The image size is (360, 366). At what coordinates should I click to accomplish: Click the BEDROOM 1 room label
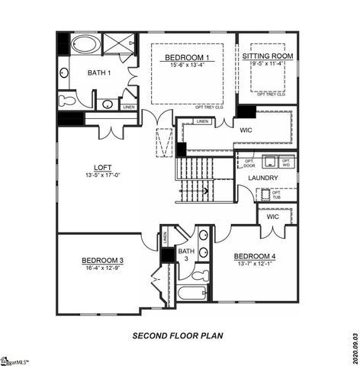tap(188, 58)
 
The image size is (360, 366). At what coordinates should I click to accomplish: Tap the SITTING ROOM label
tap(268, 56)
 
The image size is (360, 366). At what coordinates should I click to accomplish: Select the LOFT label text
tap(103, 167)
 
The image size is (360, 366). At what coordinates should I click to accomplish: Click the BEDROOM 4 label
tap(255, 255)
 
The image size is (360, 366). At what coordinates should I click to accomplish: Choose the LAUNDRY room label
tap(262, 178)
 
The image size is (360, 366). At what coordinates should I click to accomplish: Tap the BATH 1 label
tap(98, 72)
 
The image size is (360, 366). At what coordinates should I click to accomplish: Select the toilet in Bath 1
tap(67, 100)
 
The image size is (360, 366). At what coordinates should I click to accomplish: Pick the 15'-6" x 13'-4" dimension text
tap(188, 66)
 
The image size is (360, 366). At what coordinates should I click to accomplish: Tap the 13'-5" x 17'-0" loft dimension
tap(103, 175)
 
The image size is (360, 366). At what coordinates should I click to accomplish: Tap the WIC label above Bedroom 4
tap(272, 217)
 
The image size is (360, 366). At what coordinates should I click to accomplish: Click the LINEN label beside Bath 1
tap(129, 108)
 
